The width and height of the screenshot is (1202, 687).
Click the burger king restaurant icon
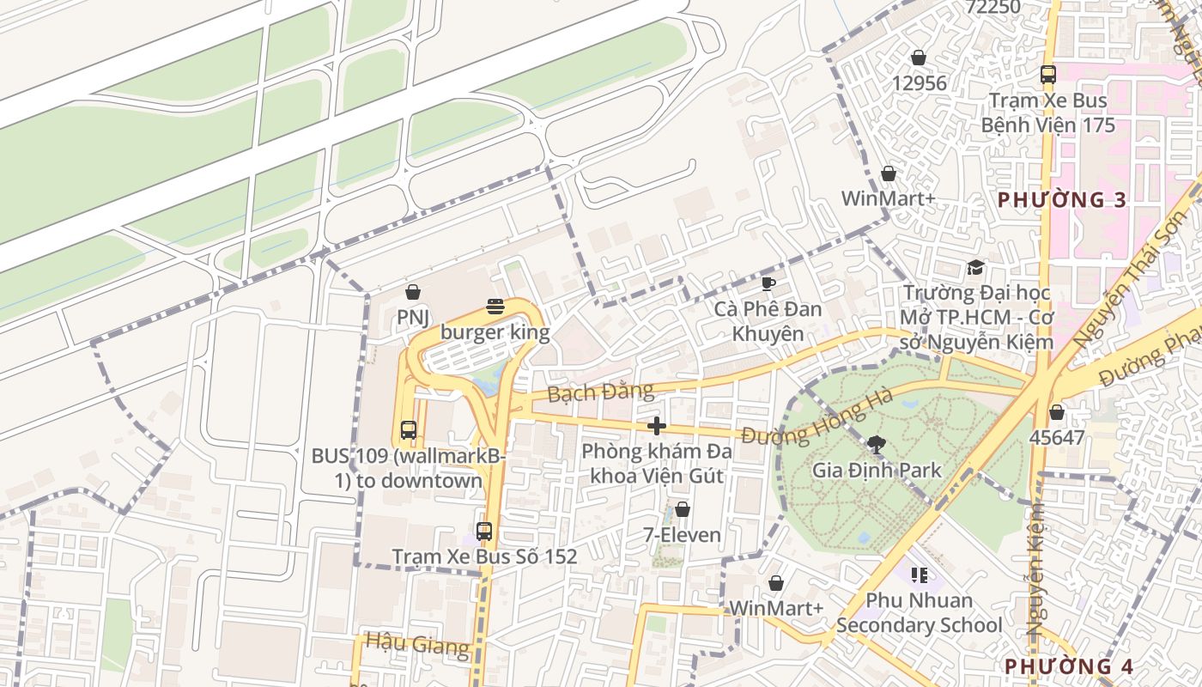[x=495, y=306]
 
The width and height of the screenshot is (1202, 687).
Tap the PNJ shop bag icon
[x=413, y=292]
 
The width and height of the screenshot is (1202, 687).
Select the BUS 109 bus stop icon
[x=409, y=430]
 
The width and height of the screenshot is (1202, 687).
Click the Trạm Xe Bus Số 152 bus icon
[x=484, y=532]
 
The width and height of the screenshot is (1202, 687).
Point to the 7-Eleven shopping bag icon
[x=683, y=509]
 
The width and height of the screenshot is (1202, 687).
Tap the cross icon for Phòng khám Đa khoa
[x=657, y=425]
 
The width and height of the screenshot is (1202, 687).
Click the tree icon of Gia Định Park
[x=877, y=444]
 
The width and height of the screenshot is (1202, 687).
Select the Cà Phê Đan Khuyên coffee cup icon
[x=768, y=283]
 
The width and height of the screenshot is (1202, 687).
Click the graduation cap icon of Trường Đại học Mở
[x=975, y=267]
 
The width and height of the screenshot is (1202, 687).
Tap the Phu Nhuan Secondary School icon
[x=920, y=575]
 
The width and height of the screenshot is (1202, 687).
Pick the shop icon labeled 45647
[x=1057, y=412]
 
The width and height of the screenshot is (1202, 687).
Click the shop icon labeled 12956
[x=919, y=58]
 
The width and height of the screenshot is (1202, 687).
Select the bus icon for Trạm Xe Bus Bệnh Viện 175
[x=1047, y=75]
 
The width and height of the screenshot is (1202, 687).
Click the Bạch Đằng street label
[x=600, y=392]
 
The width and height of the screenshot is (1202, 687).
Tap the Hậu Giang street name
[x=417, y=643]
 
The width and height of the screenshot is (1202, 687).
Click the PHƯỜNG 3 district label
[x=1061, y=200]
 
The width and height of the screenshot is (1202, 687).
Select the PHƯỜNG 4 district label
[x=1069, y=666]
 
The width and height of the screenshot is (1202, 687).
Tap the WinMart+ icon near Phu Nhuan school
[x=776, y=583]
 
